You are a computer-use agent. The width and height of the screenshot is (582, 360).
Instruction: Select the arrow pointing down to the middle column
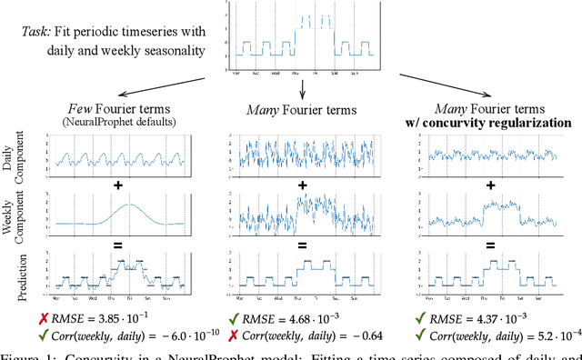click(301, 86)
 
